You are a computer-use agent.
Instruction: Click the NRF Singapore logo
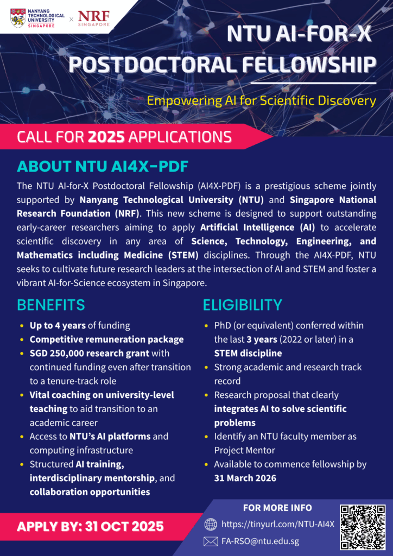point(94,18)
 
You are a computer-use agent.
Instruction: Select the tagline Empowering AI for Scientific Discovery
point(262,100)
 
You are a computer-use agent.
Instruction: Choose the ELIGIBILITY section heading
point(243,305)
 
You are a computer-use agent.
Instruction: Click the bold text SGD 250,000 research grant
point(90,353)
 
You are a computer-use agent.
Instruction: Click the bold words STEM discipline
point(248,353)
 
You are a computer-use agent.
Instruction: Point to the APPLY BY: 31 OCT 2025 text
point(90,526)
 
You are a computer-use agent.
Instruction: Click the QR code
point(363,528)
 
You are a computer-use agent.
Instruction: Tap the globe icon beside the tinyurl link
point(211,524)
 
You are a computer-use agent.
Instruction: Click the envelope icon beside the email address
point(211,541)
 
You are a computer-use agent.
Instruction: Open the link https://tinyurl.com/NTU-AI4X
point(277,525)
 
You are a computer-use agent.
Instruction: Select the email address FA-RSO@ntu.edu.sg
point(260,541)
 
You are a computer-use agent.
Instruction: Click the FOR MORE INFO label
point(277,508)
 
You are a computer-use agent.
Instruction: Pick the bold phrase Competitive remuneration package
point(106,339)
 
